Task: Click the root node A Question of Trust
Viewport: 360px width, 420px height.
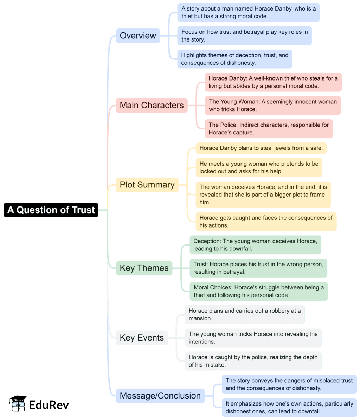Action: pos(51,210)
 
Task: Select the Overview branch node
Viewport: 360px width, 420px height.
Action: pos(138,36)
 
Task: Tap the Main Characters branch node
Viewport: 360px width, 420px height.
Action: pos(152,105)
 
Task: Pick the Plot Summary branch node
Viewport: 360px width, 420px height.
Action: pos(147,185)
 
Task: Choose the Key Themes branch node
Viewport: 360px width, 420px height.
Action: pos(144,268)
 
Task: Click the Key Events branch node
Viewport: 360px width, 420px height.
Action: pos(142,338)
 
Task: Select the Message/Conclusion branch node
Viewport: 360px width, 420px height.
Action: pos(160,396)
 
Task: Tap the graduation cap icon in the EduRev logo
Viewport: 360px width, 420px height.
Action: pos(18,403)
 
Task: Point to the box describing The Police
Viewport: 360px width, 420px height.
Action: pos(269,129)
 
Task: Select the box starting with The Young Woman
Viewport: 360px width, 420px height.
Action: pos(273,106)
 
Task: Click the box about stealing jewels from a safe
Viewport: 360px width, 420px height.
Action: pos(261,148)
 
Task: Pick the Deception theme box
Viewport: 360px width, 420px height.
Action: pos(255,245)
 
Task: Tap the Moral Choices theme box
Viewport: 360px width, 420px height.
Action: pos(258,291)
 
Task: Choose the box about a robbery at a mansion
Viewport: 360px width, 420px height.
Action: pos(245,314)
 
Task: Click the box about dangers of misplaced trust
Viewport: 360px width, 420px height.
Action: pos(289,384)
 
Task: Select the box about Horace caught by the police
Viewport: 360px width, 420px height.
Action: pos(253,361)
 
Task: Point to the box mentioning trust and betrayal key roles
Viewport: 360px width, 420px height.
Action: pos(244,36)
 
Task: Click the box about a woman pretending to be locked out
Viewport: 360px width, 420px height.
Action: pos(259,167)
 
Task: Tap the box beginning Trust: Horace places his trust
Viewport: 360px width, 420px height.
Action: pos(258,268)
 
